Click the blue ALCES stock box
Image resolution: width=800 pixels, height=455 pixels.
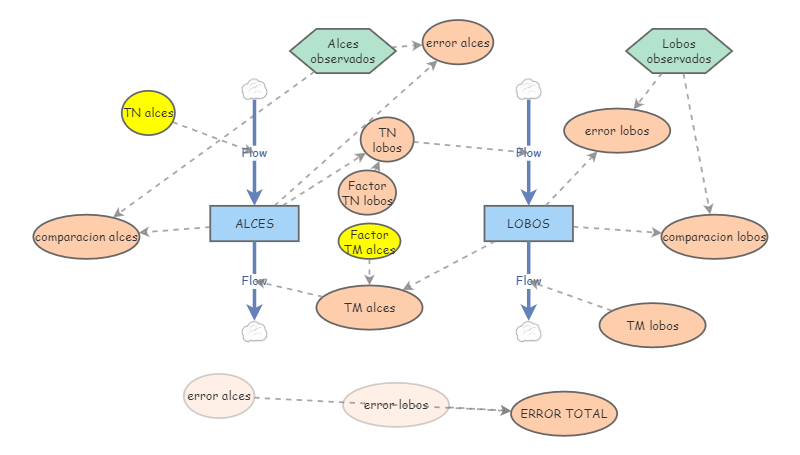click(x=255, y=223)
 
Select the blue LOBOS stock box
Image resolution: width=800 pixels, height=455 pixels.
click(x=528, y=223)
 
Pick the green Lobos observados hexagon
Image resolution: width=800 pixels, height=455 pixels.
click(x=679, y=51)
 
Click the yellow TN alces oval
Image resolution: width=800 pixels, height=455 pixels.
click(x=148, y=112)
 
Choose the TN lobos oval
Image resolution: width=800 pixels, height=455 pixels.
click(x=387, y=140)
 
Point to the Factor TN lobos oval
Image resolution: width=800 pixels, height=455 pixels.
click(x=367, y=192)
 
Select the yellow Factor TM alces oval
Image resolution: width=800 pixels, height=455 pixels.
click(x=370, y=241)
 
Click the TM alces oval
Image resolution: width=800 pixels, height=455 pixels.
click(x=369, y=308)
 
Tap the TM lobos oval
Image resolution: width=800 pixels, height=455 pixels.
click(x=652, y=325)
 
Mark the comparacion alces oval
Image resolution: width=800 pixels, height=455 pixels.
click(x=86, y=237)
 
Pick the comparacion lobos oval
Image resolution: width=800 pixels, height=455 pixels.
click(x=714, y=237)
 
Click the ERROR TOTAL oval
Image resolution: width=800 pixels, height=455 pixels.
click(x=564, y=413)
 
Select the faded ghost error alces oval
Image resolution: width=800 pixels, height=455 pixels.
click(x=219, y=396)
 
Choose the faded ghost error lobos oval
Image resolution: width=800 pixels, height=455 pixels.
click(x=396, y=405)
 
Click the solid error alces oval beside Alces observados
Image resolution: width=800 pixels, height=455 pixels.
click(x=458, y=43)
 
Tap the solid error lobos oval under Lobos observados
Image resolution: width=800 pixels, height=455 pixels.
click(x=616, y=130)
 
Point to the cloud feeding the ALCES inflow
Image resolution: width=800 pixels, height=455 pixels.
click(x=254, y=89)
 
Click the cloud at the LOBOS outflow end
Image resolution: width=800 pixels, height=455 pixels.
click(x=528, y=331)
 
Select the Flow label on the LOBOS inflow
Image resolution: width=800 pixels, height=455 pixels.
click(x=528, y=153)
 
